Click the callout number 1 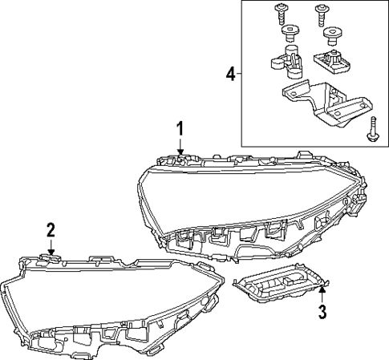[x=180, y=129]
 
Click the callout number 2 [x=51, y=230]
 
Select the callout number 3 [x=322, y=312]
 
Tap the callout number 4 [x=230, y=75]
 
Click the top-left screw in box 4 [x=280, y=12]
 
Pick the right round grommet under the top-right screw [x=330, y=34]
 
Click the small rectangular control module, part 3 [x=277, y=287]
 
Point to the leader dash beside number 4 [x=240, y=75]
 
